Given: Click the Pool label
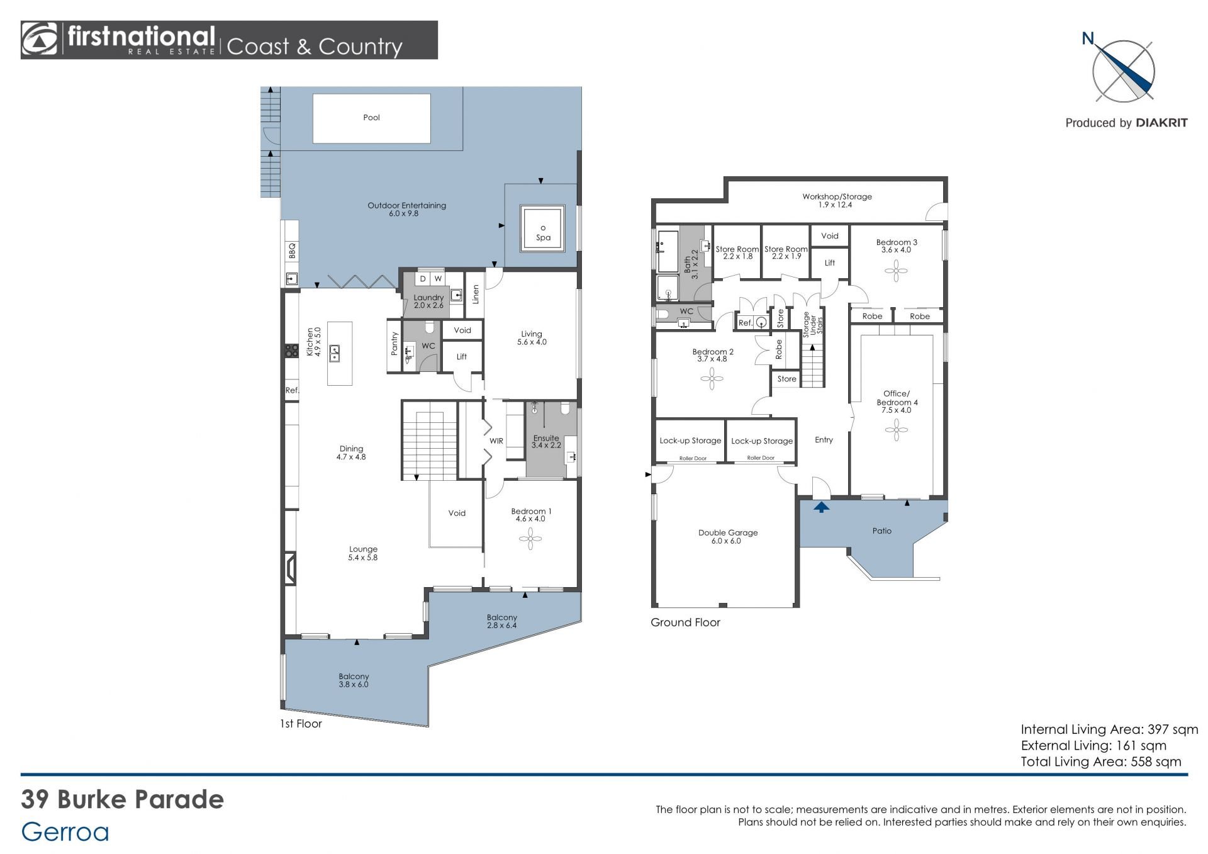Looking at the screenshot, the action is tap(371, 118).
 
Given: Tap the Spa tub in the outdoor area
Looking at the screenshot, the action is tap(543, 228).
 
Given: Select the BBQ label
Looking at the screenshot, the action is tap(292, 252).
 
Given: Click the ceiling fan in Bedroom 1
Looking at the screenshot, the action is tap(530, 539).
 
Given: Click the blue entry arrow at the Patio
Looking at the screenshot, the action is tap(821, 507).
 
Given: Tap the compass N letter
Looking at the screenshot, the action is tap(1088, 39).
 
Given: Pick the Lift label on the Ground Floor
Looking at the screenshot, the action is tap(830, 263).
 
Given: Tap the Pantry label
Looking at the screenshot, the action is tap(394, 344).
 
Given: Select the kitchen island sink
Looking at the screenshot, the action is tap(335, 352).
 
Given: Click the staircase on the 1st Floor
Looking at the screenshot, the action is tap(430, 444).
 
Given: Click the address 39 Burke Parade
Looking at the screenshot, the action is tap(123, 800).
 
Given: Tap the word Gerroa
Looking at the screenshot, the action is tap(65, 832).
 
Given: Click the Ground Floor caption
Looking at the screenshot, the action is tap(685, 622).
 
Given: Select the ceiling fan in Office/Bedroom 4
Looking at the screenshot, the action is tap(897, 431).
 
